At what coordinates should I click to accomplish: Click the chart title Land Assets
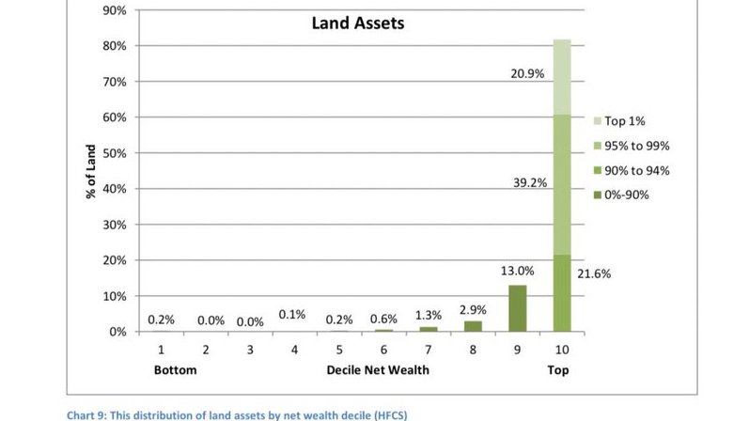click(x=358, y=23)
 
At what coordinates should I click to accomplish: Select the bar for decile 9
click(x=517, y=308)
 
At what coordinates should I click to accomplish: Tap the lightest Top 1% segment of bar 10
click(x=561, y=76)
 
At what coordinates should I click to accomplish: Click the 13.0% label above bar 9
click(x=517, y=271)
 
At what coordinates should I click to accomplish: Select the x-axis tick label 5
click(x=339, y=350)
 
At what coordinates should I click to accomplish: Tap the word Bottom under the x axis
click(x=175, y=370)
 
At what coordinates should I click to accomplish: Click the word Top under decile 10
click(x=559, y=370)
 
